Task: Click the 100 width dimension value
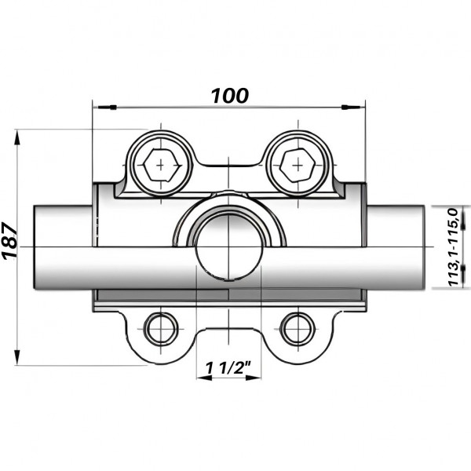click(229, 96)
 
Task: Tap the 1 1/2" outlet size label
click(228, 367)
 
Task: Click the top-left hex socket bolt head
click(161, 165)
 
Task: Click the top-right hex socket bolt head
click(297, 165)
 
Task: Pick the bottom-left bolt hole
click(161, 327)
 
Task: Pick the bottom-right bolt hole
click(297, 327)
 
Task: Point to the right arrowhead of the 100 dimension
click(359, 106)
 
